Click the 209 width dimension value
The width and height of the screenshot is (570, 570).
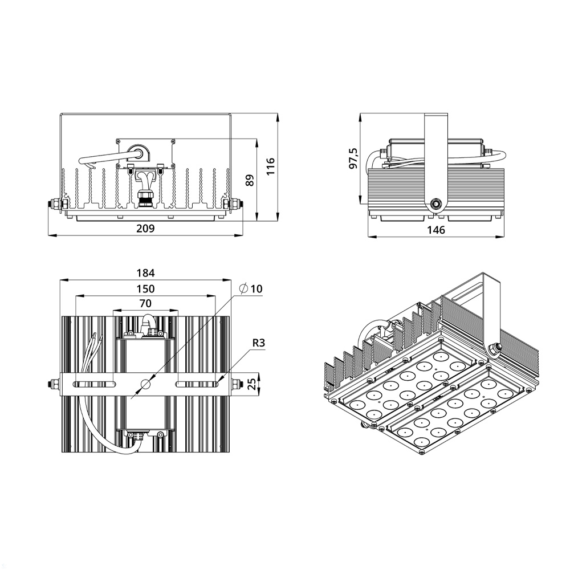tap(145, 229)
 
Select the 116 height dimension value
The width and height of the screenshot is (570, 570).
tap(271, 165)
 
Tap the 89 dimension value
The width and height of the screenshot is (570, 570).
tap(249, 180)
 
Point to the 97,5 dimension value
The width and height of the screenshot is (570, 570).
tap(353, 158)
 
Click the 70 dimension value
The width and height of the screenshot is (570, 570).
tap(145, 303)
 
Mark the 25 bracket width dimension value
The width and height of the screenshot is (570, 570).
tap(251, 383)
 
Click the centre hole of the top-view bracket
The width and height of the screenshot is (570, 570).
tap(146, 384)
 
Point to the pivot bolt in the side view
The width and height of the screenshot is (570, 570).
tap(437, 203)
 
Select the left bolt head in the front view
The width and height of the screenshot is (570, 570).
tap(56, 203)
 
